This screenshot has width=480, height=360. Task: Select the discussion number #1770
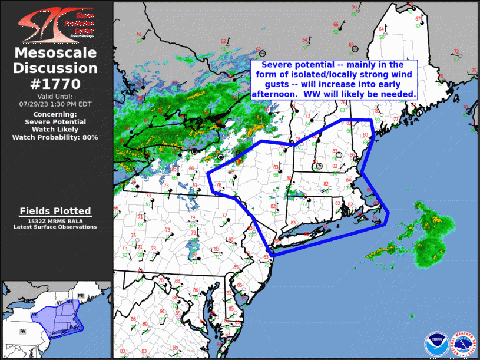56,84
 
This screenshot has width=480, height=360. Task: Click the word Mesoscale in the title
56,53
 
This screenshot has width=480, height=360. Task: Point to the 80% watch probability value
90,137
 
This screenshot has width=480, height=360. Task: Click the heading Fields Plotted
56,211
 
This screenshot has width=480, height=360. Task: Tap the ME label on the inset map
81,295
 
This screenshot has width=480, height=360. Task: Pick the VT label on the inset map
58,302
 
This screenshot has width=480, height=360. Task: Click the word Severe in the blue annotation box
277,64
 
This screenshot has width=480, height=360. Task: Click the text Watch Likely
56,130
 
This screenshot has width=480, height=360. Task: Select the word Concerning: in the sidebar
56,114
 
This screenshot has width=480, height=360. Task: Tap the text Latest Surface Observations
56,227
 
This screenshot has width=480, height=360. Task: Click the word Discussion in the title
56,68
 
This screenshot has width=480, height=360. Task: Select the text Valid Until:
56,96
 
